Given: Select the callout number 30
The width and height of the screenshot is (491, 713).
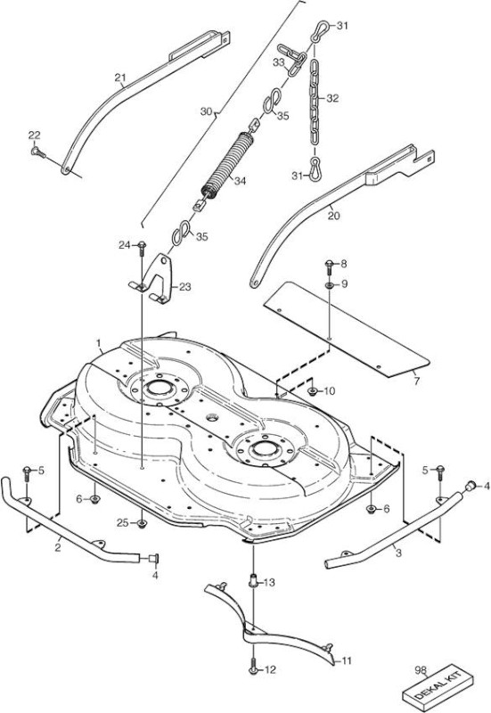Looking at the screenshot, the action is (207, 111).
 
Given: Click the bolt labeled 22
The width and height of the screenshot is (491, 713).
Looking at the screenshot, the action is (38, 152).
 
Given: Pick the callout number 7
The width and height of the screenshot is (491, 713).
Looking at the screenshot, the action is (417, 381).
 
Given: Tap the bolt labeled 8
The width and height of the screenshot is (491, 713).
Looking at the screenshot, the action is (330, 266).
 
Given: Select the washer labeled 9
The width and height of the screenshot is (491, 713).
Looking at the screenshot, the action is (329, 285).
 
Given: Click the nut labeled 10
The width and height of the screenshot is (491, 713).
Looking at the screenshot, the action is (312, 390).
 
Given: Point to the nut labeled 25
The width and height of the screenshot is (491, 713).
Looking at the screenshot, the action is (142, 524).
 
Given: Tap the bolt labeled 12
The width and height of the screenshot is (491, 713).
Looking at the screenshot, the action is (253, 668).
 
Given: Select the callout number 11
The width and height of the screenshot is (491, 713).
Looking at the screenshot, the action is (347, 660).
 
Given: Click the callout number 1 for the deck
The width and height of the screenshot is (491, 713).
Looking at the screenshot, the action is (99, 340).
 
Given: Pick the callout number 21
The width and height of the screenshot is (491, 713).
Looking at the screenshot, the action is (120, 78).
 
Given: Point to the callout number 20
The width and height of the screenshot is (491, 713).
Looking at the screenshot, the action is (333, 216).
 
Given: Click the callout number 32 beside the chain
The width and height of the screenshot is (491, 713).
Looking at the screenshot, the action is (332, 98).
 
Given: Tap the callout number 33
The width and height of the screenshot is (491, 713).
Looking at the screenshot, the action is (279, 62).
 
